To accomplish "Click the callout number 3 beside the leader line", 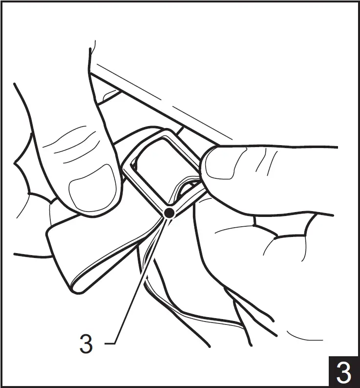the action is pos(86,344).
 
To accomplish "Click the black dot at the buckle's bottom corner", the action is pos(169,213).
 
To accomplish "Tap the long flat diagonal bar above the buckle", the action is pos(153,109).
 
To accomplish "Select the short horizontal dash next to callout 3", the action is pos(110,344).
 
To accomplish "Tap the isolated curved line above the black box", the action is pos(304,337).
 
